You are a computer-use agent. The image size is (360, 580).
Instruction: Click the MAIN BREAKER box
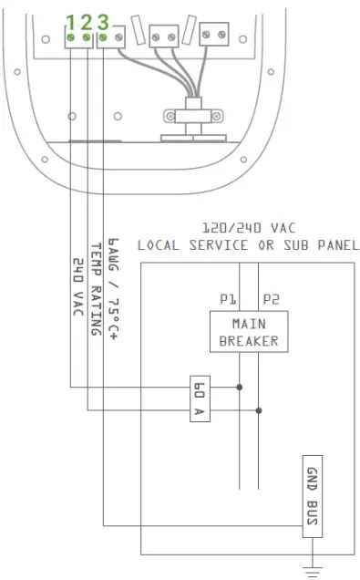[249, 333]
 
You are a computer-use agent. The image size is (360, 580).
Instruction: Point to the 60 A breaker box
[201, 399]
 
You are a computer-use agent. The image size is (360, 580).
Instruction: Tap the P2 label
[271, 298]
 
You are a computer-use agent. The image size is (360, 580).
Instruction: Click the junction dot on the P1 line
[239, 387]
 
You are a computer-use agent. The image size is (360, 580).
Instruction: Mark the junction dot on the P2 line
[259, 409]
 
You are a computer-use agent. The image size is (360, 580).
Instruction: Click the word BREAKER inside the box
[249, 342]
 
